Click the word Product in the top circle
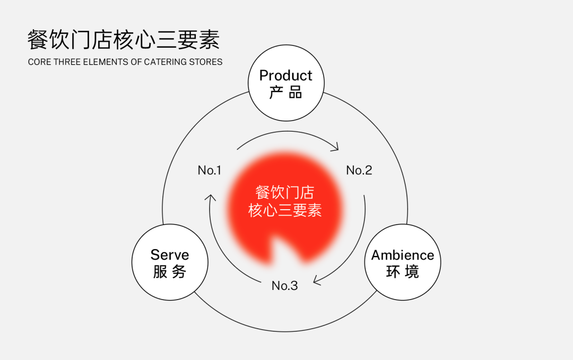click(x=286, y=75)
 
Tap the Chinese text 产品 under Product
click(x=286, y=92)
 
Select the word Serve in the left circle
click(x=170, y=255)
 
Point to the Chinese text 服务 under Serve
click(x=170, y=271)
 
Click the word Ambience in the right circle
click(x=403, y=255)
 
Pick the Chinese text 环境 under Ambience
click(x=403, y=272)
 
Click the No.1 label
click(x=210, y=170)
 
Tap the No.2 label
click(x=359, y=170)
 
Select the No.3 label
click(x=285, y=286)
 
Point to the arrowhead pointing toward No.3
click(x=317, y=281)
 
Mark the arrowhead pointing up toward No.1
click(x=210, y=198)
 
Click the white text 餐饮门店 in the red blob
click(x=285, y=192)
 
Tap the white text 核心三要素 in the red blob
click(x=285, y=210)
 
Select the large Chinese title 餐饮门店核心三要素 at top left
click(x=124, y=39)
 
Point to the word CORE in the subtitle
click(x=39, y=62)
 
